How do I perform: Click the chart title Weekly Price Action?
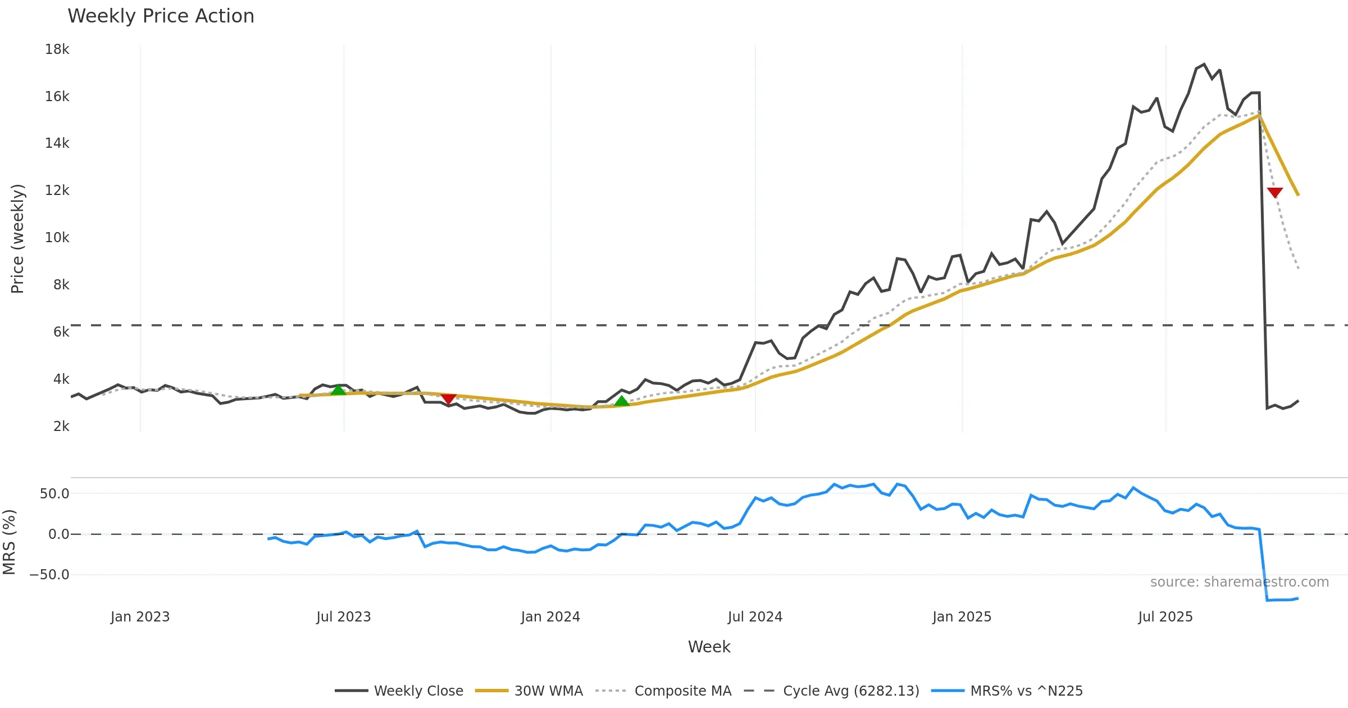click(161, 16)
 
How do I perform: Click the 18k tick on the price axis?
click(57, 49)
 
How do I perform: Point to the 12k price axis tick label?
click(57, 190)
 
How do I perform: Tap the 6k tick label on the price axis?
click(61, 332)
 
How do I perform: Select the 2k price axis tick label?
click(61, 426)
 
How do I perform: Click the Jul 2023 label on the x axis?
click(343, 617)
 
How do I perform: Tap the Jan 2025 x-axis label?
click(962, 617)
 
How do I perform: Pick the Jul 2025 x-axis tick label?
click(1165, 617)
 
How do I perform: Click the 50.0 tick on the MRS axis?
click(54, 494)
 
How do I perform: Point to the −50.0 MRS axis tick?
click(49, 575)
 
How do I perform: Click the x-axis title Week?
click(709, 647)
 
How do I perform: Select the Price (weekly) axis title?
click(17, 238)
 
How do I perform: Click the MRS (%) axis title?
click(10, 542)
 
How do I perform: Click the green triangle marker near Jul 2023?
click(338, 390)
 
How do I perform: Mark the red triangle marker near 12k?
click(1275, 193)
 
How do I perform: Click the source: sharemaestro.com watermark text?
click(1239, 582)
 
